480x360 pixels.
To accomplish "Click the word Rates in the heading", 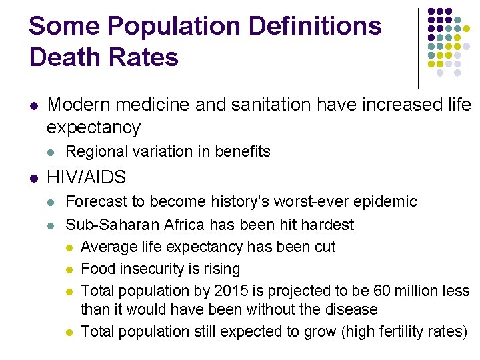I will (x=147, y=57).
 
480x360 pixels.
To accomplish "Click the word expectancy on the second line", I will (x=94, y=127).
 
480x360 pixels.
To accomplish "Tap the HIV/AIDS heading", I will (x=87, y=177).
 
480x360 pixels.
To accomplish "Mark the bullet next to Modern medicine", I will (x=34, y=105).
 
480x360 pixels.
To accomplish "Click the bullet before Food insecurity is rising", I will (x=70, y=269).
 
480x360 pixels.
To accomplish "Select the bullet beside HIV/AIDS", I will (x=34, y=178).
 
